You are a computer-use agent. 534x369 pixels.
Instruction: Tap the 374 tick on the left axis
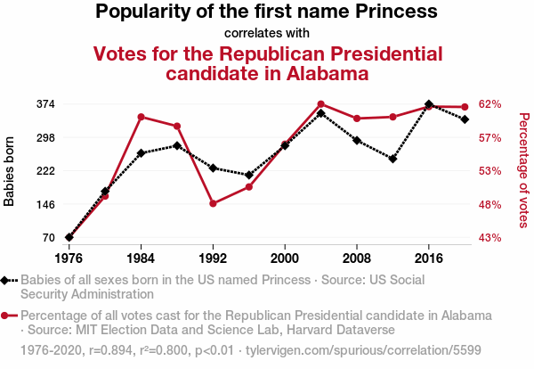click(44, 103)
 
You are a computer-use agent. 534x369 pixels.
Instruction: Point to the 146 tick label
click(44, 204)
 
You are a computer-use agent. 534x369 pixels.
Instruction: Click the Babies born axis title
click(10, 171)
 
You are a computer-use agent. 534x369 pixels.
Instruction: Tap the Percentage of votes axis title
click(524, 169)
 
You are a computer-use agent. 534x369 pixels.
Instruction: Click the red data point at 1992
click(213, 203)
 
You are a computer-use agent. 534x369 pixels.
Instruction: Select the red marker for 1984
click(142, 117)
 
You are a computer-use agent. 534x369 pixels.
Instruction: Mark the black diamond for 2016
click(429, 104)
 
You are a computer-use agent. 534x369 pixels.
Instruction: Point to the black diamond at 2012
click(392, 159)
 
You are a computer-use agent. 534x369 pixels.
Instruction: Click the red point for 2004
click(320, 104)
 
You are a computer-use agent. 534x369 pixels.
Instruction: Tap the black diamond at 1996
click(249, 175)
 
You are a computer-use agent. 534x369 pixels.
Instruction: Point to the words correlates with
click(267, 34)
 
